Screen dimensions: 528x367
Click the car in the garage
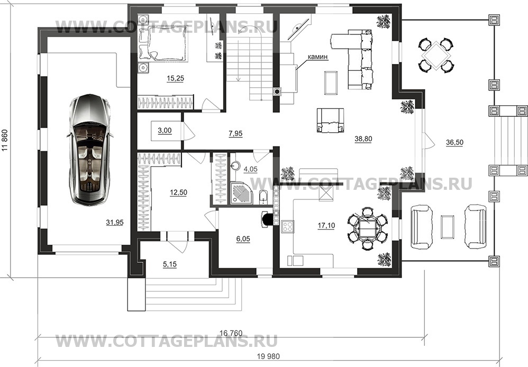[x=89, y=150]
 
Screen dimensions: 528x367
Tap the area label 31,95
[x=115, y=222]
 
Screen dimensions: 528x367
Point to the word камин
[x=317, y=57]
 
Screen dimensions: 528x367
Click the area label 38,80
[x=363, y=139]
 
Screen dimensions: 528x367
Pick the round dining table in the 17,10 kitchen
[x=367, y=228]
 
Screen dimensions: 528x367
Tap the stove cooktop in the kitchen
[x=288, y=226]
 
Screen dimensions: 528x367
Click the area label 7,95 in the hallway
[x=235, y=134]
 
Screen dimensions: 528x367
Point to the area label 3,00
[x=165, y=130]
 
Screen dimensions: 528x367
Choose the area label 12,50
[x=178, y=192]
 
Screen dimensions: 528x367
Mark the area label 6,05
[x=243, y=239]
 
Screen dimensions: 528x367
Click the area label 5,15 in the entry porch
[x=170, y=264]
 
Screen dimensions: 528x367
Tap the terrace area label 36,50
[x=454, y=142]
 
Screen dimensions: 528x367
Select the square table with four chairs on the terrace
[x=436, y=55]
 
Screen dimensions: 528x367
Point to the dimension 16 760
[x=231, y=333]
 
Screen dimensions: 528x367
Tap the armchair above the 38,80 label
[x=330, y=120]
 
